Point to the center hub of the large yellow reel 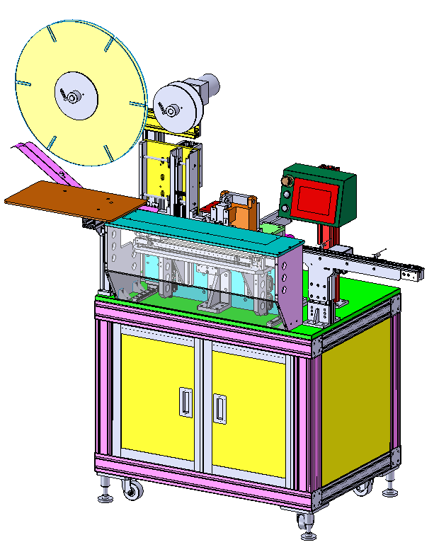point(74,95)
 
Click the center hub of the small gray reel point(172,108)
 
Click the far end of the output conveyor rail point(412,273)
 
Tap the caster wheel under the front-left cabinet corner point(131,488)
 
